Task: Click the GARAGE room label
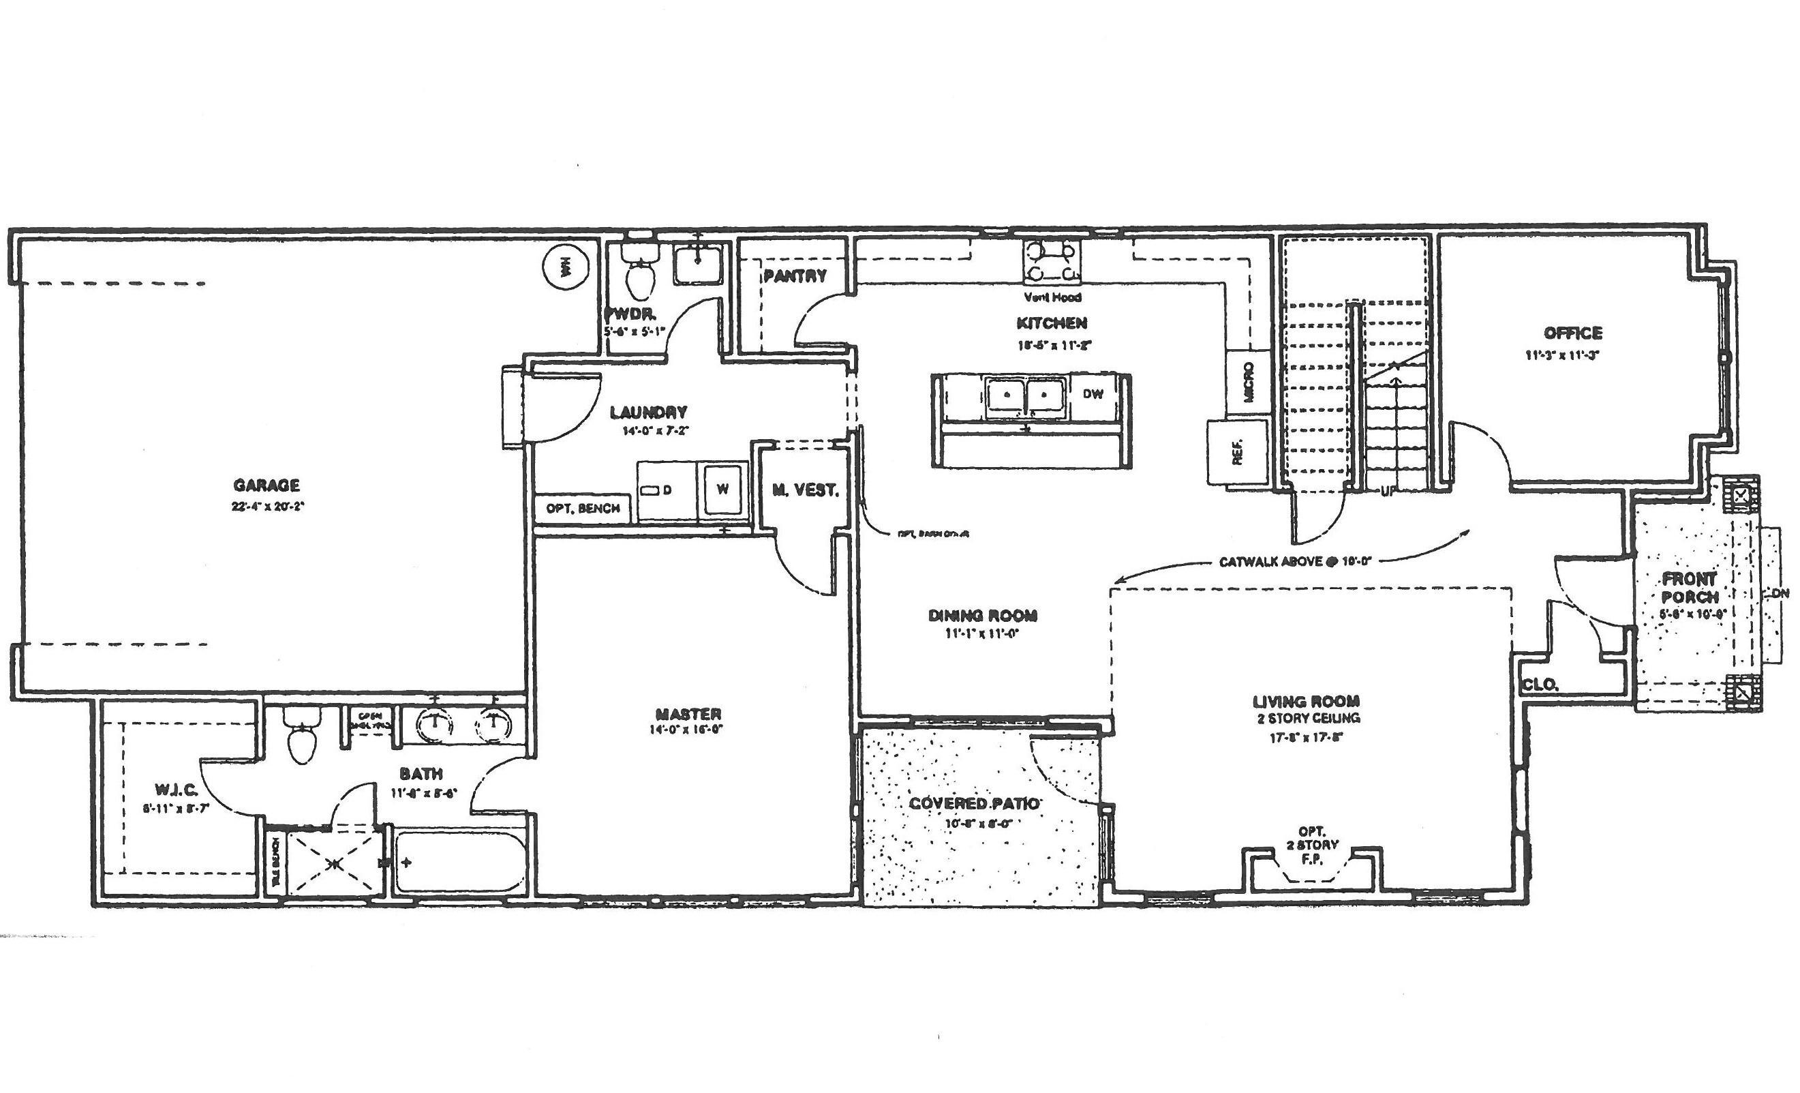tap(266, 485)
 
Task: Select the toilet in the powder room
tap(639, 278)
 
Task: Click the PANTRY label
tap(795, 276)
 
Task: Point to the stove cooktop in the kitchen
tap(1052, 263)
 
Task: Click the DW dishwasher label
tap(1092, 395)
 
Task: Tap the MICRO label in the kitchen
tap(1249, 383)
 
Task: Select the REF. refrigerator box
tap(1238, 451)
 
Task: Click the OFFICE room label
tap(1573, 333)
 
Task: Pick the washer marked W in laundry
tap(722, 490)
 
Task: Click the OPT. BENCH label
tap(583, 509)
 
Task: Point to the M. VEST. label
tap(805, 490)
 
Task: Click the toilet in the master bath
tap(302, 736)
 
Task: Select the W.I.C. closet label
tap(172, 789)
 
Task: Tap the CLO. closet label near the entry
tap(1540, 685)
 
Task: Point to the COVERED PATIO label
tap(974, 804)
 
